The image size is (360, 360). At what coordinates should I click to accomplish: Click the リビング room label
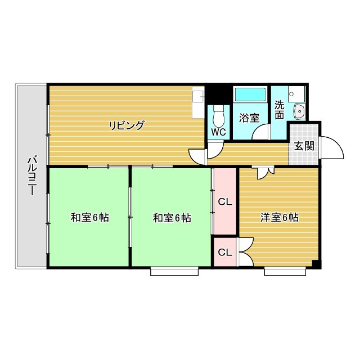(127, 125)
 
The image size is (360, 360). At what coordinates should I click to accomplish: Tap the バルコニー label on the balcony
(31, 176)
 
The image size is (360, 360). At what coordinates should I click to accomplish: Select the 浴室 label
(249, 118)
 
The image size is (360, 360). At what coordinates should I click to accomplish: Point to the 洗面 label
(280, 110)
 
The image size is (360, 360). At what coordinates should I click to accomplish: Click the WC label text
(218, 132)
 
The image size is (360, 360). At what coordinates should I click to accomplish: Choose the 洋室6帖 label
(279, 218)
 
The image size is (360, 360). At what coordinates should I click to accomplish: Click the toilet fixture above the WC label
(219, 115)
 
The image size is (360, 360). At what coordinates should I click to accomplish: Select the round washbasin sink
(299, 111)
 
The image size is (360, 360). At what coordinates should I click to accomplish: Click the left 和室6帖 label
(89, 218)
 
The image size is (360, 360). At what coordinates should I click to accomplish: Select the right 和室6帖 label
(172, 218)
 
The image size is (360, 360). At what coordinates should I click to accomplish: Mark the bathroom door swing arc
(261, 133)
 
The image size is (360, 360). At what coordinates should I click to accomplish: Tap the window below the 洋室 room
(285, 272)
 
